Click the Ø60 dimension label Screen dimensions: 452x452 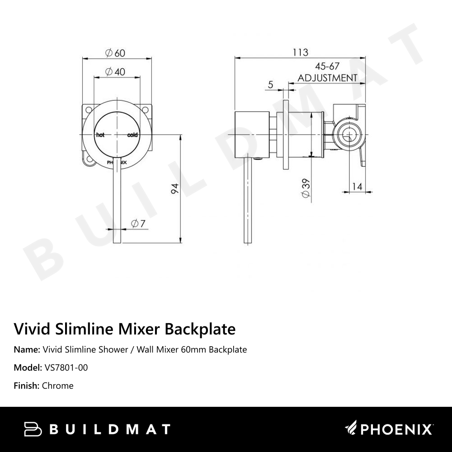[x=115, y=53]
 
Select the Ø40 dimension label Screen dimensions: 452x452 [x=115, y=72]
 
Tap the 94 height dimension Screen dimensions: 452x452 [x=175, y=188]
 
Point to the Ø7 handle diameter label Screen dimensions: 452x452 [x=137, y=223]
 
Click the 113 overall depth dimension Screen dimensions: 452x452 [x=300, y=52]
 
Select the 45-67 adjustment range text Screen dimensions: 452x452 [x=327, y=66]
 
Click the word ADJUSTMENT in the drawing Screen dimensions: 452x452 [x=327, y=78]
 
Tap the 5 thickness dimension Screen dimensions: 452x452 [x=271, y=85]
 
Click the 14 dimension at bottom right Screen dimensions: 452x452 [x=357, y=185]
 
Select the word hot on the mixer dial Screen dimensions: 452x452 [x=99, y=135]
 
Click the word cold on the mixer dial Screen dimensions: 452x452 [x=132, y=135]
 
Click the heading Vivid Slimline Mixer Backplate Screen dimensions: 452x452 [x=125, y=329]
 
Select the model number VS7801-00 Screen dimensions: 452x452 [x=66, y=367]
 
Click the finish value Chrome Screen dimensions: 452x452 [x=57, y=386]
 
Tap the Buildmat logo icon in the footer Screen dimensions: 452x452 [x=33, y=429]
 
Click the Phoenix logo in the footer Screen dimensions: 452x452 [x=389, y=428]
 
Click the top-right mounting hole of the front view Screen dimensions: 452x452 [x=146, y=110]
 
